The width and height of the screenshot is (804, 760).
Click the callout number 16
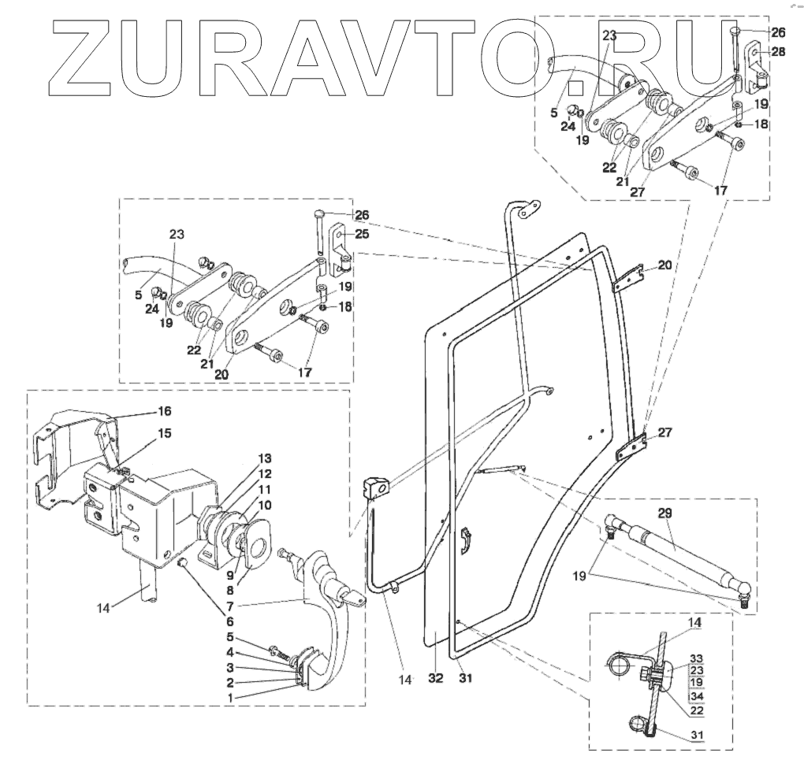(164, 411)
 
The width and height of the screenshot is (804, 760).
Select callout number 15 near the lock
(164, 433)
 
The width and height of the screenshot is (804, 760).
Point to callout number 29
(664, 513)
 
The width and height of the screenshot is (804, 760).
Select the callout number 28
(779, 51)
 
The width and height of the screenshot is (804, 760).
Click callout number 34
(695, 696)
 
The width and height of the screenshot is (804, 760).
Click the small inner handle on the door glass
(466, 542)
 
